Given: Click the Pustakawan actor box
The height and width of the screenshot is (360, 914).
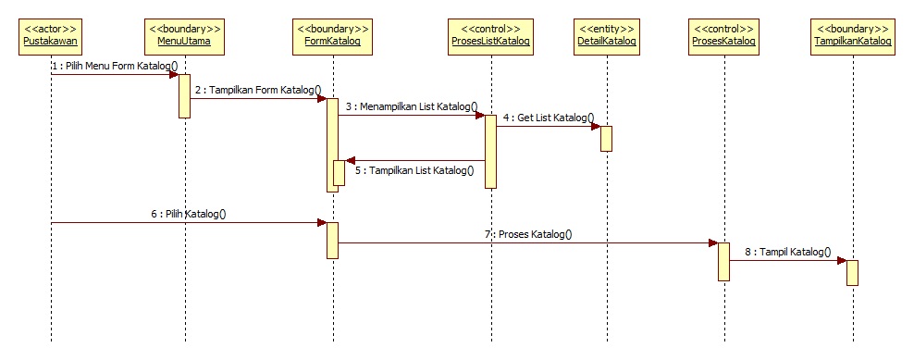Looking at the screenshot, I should (x=51, y=34).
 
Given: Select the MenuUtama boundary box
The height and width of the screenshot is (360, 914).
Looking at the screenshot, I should (x=184, y=34).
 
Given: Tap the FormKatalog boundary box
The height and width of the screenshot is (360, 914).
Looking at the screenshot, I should (x=332, y=34).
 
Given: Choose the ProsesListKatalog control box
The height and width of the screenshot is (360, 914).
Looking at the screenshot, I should (x=490, y=34).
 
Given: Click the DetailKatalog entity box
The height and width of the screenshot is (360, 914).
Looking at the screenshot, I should (x=606, y=34).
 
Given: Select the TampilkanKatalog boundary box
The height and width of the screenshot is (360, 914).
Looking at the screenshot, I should (x=852, y=34).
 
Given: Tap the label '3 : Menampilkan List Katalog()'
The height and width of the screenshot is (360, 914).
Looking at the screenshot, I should (x=412, y=107).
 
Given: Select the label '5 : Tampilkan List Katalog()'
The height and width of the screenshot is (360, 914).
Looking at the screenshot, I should (x=414, y=170).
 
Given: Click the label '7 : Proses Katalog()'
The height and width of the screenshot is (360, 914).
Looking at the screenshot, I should (x=527, y=234).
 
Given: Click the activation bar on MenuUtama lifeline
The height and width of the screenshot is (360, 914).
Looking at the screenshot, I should (x=184, y=96).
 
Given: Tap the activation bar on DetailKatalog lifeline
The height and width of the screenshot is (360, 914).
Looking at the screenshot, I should (x=606, y=138).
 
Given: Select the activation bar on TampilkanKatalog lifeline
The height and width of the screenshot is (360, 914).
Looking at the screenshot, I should (x=852, y=273).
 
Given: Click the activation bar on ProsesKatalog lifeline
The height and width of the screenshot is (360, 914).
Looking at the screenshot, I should (x=723, y=261).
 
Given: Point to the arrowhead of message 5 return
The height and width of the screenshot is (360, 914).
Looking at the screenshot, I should (x=350, y=160).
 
